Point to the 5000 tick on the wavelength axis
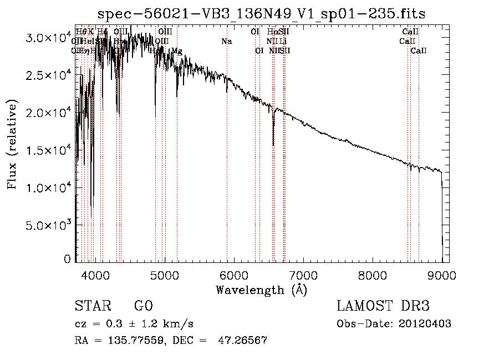165,275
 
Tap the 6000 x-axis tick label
234,275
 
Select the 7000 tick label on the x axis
303,275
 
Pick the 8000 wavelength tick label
373,275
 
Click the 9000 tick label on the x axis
442,275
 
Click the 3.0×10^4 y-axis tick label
49,38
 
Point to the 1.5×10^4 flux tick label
49,150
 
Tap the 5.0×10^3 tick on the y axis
49,225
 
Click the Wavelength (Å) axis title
261,290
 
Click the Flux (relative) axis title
12,144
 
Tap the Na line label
226,41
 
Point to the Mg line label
176,51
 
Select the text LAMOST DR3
383,306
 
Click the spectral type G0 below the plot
143,306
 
